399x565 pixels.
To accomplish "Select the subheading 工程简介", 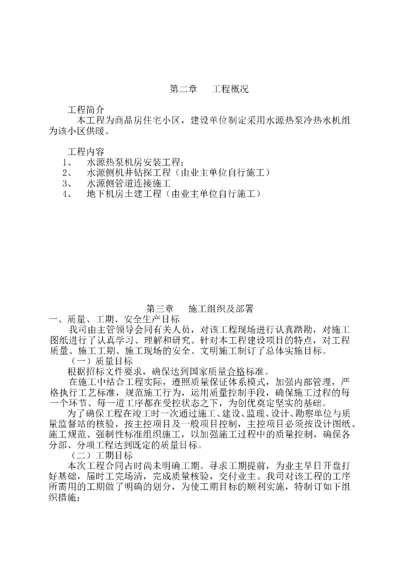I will [x=85, y=110].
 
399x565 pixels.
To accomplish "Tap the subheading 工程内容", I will [x=85, y=151].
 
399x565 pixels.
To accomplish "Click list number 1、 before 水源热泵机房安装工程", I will [x=68, y=162].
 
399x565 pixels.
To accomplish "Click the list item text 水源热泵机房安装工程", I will [x=134, y=162].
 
